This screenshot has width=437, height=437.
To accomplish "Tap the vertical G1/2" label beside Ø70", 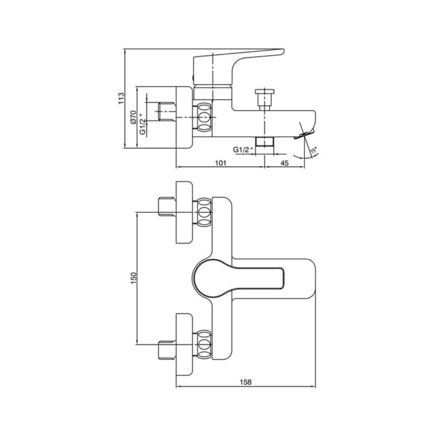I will click(x=142, y=124).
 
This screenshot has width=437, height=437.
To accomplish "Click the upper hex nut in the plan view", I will click(x=204, y=212).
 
